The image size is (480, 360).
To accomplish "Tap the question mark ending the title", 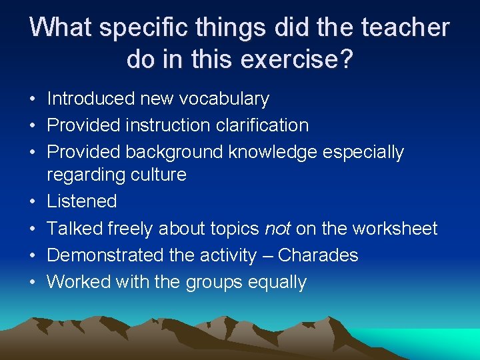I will [346, 59].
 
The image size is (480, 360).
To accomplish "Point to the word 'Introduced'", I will [91, 99].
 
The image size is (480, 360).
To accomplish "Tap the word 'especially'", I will [363, 152].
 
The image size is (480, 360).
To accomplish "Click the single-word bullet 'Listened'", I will [81, 201].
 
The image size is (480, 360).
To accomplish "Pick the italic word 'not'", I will [277, 229].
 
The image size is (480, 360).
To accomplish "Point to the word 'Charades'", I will [318, 255].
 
